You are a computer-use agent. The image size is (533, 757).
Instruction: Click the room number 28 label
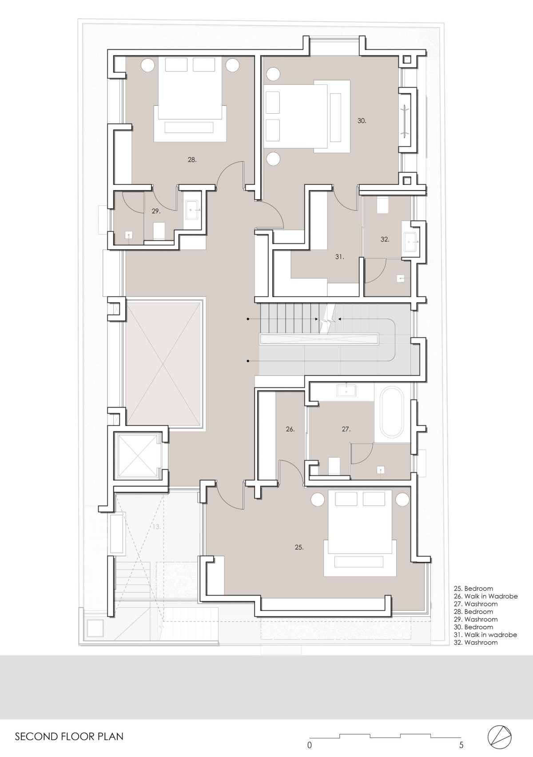pos(192,160)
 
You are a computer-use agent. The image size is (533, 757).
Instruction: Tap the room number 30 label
pos(362,121)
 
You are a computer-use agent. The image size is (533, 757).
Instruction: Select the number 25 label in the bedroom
pos(299,547)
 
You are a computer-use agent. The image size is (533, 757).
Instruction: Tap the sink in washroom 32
pos(411,242)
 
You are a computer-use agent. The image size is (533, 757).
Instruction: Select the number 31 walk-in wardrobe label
pos(340,257)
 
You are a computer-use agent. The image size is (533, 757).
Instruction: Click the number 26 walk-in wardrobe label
pos(290,430)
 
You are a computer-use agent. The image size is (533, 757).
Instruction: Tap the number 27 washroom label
pos(346,430)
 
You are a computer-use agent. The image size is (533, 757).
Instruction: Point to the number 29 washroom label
pos(155,211)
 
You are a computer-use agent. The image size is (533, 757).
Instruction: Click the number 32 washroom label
pos(385,239)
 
